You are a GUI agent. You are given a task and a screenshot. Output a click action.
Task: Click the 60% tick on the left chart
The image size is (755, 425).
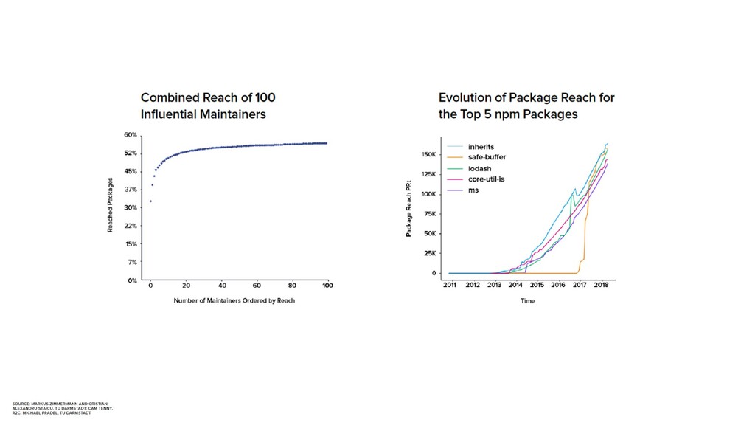130,135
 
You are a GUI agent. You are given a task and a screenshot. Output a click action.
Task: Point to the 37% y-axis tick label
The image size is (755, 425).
130,190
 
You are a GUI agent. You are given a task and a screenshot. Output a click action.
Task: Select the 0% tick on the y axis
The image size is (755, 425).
131,280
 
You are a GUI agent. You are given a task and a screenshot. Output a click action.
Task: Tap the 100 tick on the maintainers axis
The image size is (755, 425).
327,286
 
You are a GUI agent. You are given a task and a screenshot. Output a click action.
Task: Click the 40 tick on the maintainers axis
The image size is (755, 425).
221,286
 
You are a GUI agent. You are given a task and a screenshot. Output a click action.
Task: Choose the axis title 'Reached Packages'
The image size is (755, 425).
111,205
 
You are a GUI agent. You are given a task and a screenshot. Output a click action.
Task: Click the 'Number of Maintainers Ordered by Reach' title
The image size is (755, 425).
234,300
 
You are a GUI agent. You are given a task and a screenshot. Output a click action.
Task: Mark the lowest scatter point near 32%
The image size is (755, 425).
150,201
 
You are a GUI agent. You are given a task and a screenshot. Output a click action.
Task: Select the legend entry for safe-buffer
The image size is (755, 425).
487,157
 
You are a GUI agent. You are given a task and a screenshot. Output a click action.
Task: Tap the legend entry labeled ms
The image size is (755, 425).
473,190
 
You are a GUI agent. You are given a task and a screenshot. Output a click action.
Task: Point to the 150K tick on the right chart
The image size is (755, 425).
431,155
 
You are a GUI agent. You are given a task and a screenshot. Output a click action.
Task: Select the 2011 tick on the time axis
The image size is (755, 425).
450,285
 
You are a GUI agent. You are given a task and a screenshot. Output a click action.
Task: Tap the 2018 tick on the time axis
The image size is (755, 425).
602,285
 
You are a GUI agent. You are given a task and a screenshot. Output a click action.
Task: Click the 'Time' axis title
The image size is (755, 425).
527,301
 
